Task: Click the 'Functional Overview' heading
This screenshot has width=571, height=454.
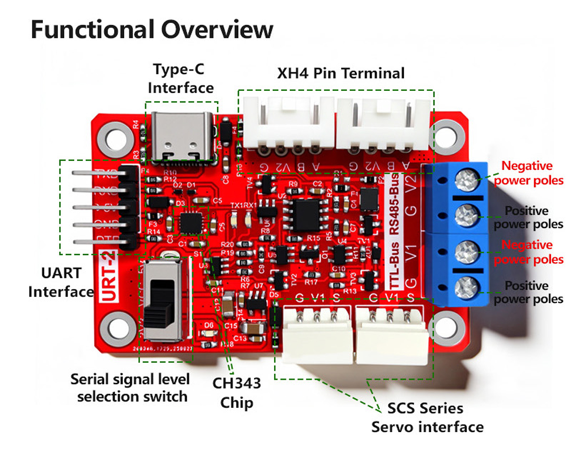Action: [x=152, y=30]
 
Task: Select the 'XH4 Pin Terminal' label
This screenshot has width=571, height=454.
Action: [x=341, y=73]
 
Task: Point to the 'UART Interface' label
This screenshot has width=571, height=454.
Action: [x=60, y=282]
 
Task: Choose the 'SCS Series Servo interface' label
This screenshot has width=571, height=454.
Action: [x=427, y=417]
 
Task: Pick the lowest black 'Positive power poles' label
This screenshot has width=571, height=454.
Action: [x=528, y=292]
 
